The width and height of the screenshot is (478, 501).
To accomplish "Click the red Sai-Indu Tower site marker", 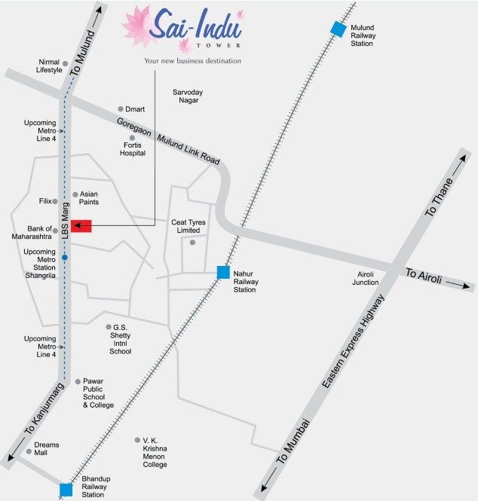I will point(81,226).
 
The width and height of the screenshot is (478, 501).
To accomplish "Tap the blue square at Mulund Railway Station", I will point(339,29).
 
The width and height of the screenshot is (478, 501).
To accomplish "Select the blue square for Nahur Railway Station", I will point(223,272).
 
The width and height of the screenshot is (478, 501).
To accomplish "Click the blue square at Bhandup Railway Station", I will point(66,490).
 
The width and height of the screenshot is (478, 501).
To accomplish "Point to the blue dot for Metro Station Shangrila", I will point(66,258).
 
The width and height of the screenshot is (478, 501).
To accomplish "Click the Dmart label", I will point(136,109).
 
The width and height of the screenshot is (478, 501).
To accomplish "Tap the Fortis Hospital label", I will point(133,148).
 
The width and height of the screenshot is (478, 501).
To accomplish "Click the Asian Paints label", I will point(89,197).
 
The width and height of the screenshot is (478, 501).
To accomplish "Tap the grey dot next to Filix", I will point(55,201).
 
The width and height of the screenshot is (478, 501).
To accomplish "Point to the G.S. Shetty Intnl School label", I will point(121,339).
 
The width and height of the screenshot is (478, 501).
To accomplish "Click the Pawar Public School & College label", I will point(98,393).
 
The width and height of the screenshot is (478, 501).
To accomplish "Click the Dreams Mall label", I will point(46,449).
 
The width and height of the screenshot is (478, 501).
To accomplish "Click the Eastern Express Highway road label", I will point(353,343).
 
